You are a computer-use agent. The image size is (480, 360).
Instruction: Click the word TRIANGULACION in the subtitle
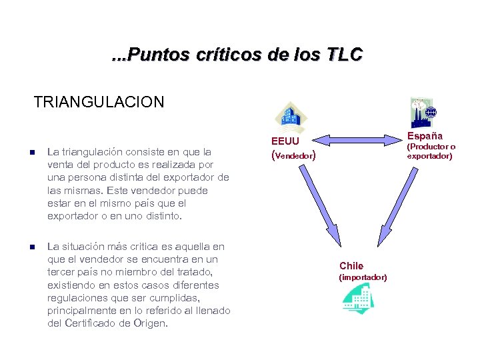[99, 102]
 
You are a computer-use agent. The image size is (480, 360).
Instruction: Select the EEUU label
[285, 141]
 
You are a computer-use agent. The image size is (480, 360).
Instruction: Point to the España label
[425, 136]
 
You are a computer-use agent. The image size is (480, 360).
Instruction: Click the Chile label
[351, 266]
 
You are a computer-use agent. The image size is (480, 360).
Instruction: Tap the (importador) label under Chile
[363, 277]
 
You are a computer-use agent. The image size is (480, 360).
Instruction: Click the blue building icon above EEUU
[291, 117]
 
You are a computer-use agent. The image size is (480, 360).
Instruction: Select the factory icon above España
[422, 113]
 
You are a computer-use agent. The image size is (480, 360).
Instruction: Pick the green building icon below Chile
[358, 298]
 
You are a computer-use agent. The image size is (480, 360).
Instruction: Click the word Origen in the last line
[151, 323]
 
